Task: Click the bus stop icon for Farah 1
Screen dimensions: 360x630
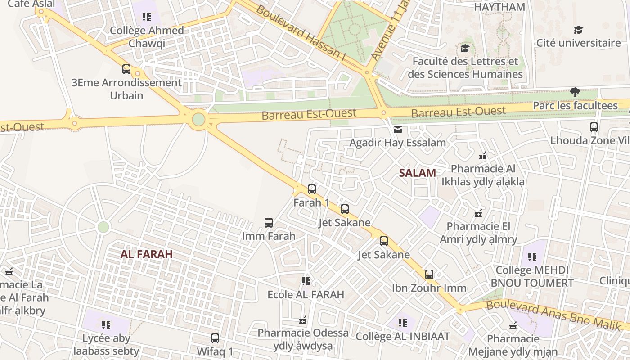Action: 312,189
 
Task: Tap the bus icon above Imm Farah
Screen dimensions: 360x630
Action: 269,223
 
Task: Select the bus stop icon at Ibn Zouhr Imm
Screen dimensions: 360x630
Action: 429,274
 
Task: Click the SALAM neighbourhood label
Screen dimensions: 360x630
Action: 417,173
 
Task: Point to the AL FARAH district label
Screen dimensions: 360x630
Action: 147,254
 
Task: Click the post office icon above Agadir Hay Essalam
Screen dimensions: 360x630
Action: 398,130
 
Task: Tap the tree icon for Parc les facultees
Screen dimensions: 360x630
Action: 575,93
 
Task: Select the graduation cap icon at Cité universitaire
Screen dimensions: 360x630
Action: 578,30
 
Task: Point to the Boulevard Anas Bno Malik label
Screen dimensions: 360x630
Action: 553,315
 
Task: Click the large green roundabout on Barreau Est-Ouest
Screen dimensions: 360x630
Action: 198,120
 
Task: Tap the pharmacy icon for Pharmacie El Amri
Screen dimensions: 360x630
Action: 478,213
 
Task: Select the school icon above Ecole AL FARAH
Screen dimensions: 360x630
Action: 306,282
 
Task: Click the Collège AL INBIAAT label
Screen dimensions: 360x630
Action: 403,336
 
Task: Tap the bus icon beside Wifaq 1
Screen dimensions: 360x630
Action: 215,338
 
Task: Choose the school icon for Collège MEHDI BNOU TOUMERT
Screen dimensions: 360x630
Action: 532,257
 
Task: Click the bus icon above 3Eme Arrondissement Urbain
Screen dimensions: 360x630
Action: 126,69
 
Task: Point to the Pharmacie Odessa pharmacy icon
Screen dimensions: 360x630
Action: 303,320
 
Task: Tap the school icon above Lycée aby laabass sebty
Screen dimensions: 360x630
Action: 106,325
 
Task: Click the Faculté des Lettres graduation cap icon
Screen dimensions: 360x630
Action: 465,48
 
